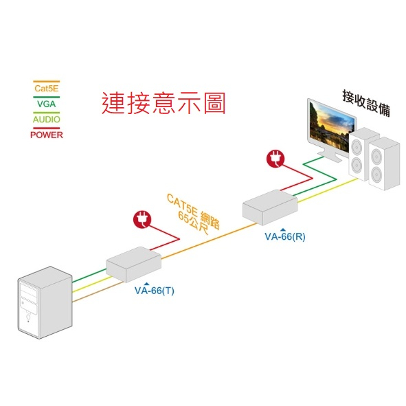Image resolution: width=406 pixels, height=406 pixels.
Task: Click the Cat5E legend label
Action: [x=46, y=89]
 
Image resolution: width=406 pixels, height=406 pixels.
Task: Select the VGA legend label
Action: [x=46, y=104]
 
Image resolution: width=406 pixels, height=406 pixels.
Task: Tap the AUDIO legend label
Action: [x=46, y=120]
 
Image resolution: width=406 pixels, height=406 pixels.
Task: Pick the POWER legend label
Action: [x=47, y=135]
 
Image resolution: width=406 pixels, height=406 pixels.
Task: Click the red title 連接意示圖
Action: [x=163, y=103]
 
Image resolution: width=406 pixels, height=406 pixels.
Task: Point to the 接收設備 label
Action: [x=366, y=103]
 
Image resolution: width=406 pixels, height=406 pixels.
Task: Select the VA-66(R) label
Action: [x=285, y=236]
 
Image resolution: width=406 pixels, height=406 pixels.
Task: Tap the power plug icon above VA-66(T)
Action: [x=142, y=220]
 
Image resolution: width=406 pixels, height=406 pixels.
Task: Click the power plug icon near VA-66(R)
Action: [x=275, y=159]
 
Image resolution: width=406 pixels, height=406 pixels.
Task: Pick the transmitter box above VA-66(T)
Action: [x=133, y=264]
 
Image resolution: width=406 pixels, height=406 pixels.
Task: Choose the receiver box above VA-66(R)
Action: [x=270, y=207]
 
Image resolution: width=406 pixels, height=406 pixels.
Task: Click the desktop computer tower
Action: [x=45, y=302]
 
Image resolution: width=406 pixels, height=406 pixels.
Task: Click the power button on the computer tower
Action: [x=28, y=317]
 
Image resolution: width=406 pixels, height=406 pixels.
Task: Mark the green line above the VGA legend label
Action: [x=46, y=98]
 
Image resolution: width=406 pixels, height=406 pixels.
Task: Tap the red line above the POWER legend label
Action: [x=46, y=128]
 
